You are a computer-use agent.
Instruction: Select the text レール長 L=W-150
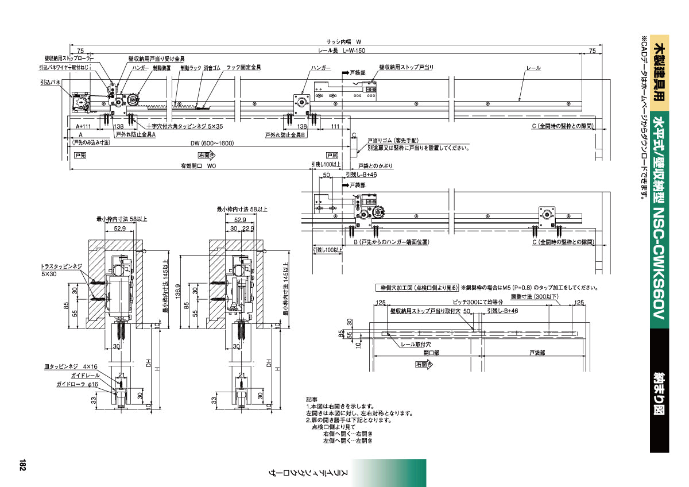click(x=342, y=51)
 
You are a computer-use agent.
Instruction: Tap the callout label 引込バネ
click(x=51, y=83)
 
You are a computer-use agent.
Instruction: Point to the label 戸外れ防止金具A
click(x=136, y=134)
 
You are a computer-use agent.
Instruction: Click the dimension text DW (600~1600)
click(x=212, y=143)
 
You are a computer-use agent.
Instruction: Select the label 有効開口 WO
click(x=196, y=166)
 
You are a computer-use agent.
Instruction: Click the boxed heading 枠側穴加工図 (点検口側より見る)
click(x=417, y=287)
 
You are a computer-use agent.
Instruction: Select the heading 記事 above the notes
click(x=312, y=399)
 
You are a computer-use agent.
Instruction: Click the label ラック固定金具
click(x=243, y=67)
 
